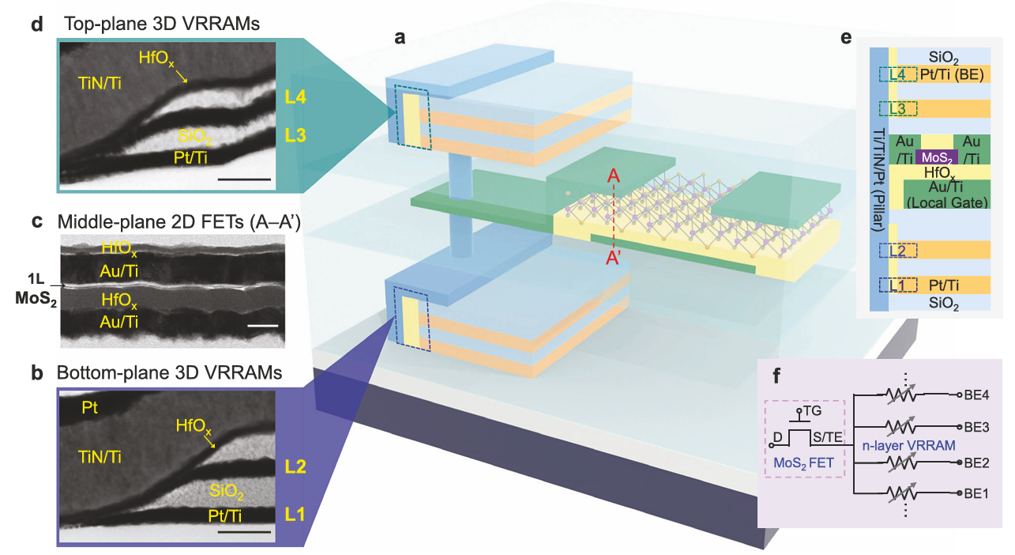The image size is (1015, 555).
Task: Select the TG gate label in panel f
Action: click(x=812, y=412)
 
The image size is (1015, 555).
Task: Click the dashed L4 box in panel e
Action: click(x=897, y=74)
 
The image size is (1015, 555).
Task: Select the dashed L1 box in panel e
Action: click(x=897, y=285)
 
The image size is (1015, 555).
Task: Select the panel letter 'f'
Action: click(x=778, y=375)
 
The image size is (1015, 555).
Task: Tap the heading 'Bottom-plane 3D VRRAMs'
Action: click(x=168, y=372)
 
